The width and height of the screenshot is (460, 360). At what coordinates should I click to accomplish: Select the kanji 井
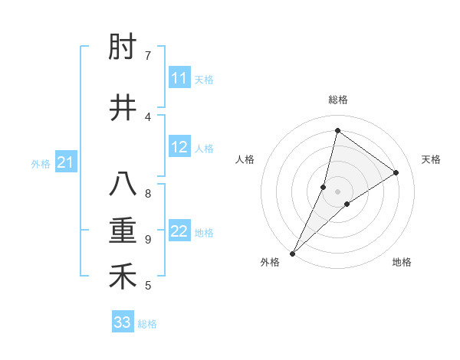tap(123, 108)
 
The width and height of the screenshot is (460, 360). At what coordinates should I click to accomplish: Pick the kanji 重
tap(123, 231)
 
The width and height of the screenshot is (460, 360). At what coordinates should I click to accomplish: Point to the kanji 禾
tap(123, 277)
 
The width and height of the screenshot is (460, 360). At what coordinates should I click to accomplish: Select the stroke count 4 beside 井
tap(148, 116)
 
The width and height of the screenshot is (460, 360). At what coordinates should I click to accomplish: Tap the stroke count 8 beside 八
tap(148, 193)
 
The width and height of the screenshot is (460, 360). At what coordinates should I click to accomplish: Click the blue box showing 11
tap(179, 78)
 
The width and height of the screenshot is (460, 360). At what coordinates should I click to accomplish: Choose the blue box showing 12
tap(179, 147)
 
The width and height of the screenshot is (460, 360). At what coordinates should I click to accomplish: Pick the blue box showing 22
tap(179, 231)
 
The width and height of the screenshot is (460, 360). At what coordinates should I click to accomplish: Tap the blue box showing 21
tap(65, 162)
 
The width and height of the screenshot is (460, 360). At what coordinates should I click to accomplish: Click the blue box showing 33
tap(123, 322)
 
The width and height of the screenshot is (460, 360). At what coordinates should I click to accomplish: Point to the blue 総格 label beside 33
tap(147, 324)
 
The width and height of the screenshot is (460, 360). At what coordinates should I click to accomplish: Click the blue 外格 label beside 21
tap(41, 164)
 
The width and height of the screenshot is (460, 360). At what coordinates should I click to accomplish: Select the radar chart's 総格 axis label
tap(337, 100)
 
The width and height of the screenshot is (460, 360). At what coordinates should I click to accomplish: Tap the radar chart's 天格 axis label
tap(431, 159)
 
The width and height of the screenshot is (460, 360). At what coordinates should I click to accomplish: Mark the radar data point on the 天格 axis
tap(396, 172)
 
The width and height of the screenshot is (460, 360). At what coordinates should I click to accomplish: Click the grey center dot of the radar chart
tap(337, 191)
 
